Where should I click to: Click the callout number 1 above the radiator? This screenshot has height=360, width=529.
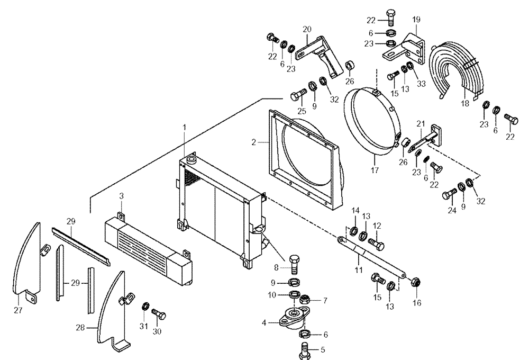point(185,127)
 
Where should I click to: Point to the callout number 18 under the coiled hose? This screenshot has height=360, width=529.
point(465,104)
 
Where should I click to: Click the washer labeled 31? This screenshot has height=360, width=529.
point(144,306)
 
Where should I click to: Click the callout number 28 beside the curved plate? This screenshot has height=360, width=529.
point(80,328)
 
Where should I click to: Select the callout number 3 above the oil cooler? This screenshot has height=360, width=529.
point(121,196)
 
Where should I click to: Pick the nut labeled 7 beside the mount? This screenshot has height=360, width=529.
point(305,302)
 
